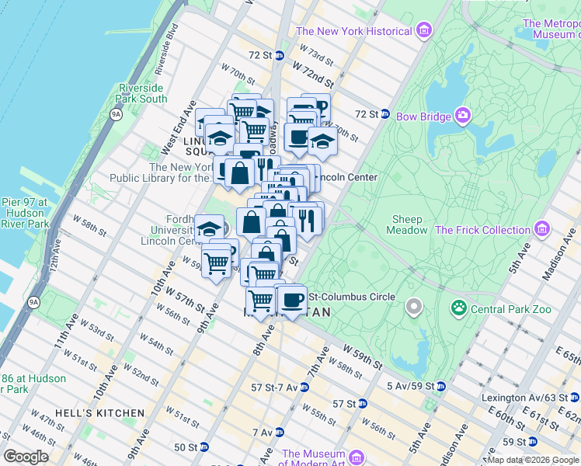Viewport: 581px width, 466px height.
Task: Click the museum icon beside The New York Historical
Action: point(423,31)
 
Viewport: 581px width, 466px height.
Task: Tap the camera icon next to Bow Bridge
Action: point(464,116)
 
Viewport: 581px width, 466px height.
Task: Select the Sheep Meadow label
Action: point(408,224)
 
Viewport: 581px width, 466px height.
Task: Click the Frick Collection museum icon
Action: point(541,230)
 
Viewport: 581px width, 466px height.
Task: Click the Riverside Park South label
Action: point(142,93)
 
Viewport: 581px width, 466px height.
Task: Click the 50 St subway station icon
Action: point(204,447)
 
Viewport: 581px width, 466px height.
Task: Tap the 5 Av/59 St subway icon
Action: point(440,386)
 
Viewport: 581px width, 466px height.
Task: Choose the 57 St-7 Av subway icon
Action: point(302,387)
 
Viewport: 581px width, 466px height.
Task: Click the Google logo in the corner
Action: point(26,457)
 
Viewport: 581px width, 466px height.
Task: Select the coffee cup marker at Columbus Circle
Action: point(292,299)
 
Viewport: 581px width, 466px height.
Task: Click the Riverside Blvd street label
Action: point(167,47)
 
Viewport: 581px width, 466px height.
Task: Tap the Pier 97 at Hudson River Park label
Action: point(25,213)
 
